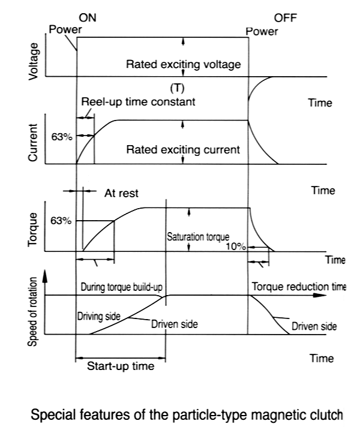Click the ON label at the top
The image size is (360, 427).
(88, 19)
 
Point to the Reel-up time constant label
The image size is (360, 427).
(138, 102)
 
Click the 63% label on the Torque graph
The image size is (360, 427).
(61, 221)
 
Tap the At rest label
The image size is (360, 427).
(121, 193)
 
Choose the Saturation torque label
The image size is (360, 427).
(197, 237)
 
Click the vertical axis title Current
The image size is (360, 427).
(34, 143)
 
